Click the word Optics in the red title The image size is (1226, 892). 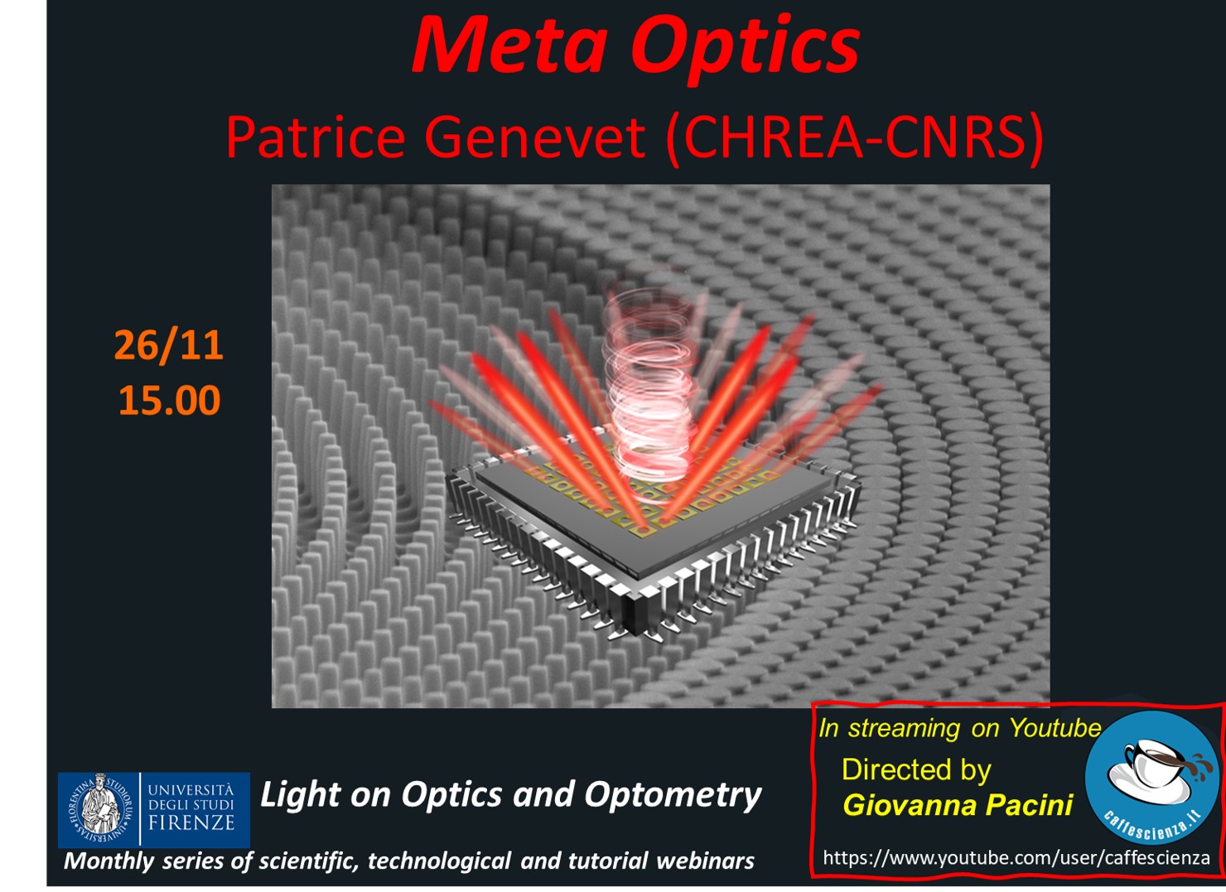745,49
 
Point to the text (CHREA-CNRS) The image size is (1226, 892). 854,138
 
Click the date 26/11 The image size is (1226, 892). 169,346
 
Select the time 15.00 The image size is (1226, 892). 169,400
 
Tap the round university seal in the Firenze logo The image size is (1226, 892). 99,809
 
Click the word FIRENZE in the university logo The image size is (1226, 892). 191,822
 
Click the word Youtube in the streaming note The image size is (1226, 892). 1055,728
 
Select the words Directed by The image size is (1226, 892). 917,769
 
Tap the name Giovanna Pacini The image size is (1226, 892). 958,805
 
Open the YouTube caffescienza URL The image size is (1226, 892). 1016,857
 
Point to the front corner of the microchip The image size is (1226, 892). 638,634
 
